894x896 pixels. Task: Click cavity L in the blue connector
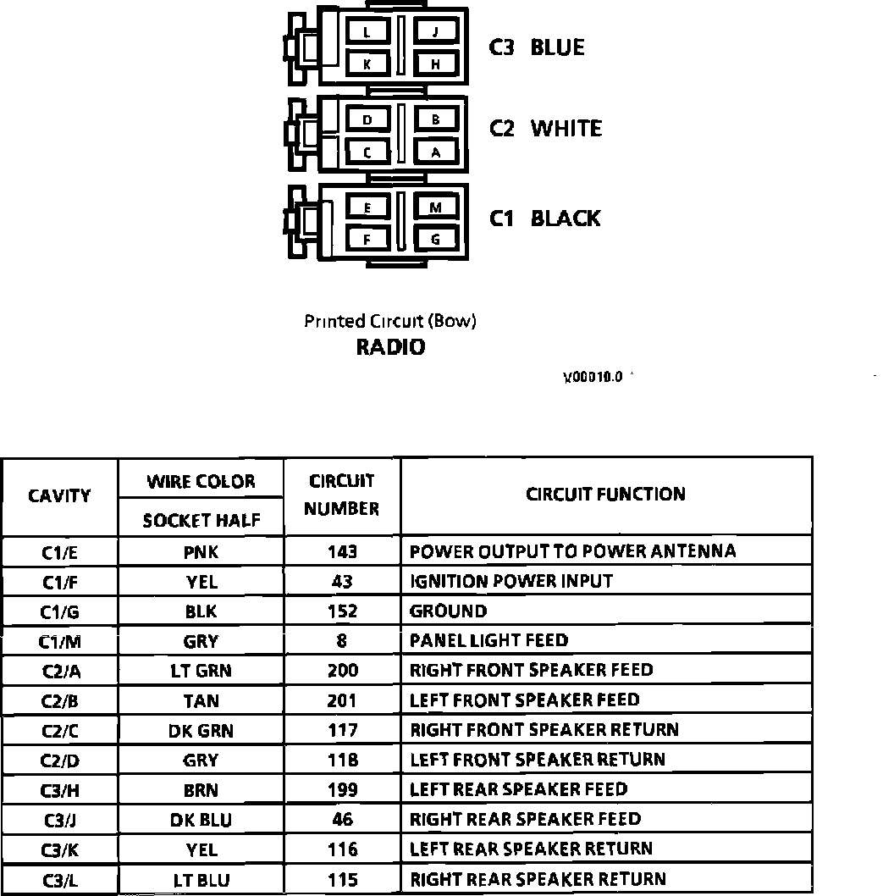(367, 33)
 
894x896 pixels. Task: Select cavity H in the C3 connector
(435, 64)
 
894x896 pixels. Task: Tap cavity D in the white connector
(367, 120)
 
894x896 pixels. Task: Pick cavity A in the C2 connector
(435, 152)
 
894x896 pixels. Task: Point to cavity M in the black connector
(435, 207)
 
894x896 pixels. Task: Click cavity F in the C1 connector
(367, 240)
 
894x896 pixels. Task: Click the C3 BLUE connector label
(537, 47)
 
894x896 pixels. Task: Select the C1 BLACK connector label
(544, 218)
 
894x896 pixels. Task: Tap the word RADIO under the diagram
(390, 347)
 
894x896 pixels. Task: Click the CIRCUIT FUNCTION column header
(605, 495)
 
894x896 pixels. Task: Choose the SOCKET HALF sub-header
(201, 520)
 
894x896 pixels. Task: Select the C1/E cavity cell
(59, 552)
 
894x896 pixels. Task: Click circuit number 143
(342, 552)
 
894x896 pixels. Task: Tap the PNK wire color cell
(201, 552)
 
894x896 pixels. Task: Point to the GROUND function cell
(448, 611)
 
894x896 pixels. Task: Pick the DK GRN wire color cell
(201, 730)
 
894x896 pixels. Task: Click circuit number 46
(342, 820)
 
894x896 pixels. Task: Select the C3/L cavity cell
(59, 880)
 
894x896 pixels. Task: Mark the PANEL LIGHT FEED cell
(488, 641)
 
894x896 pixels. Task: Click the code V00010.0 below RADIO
(593, 377)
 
